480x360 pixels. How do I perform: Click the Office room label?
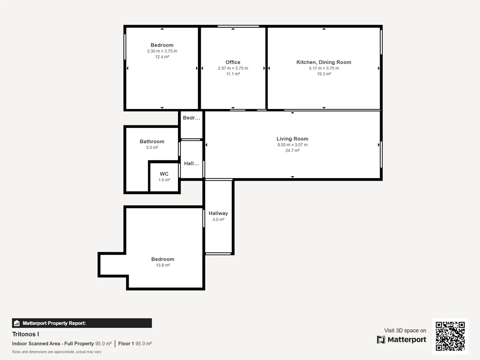pos(233,62)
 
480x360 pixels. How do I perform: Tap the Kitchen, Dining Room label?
pos(324,62)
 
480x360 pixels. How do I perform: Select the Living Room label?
pos(292,139)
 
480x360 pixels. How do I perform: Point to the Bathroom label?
pos(152,141)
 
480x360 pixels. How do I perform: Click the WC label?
pos(164,174)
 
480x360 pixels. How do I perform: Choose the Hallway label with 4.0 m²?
pos(218,213)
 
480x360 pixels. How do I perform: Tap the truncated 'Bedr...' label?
pos(191,118)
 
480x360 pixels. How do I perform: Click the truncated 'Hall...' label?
pos(191,163)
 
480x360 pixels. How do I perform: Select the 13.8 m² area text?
pos(163,265)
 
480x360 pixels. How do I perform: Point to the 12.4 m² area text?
pos(162,57)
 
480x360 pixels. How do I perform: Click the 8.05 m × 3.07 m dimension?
pos(292,145)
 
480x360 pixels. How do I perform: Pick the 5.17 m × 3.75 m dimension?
pos(324,68)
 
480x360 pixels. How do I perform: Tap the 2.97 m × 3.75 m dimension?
pos(233,68)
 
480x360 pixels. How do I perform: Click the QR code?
pos(450,336)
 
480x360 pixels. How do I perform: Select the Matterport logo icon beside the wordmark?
pos(381,340)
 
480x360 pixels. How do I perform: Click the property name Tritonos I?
pos(26,334)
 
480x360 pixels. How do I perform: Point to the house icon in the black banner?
pos(17,323)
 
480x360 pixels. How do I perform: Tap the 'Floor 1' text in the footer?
pos(126,344)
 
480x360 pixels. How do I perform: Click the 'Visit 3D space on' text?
pos(405,330)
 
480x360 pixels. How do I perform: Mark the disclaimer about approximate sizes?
pos(57,352)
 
